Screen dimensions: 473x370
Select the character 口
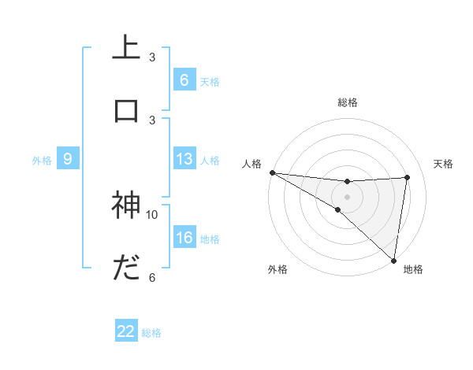pyautogui.click(x=126, y=110)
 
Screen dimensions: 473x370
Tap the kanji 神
pyautogui.click(x=126, y=205)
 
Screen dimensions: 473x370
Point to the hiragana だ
pyautogui.click(x=126, y=269)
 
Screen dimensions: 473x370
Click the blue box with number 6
pyautogui.click(x=184, y=80)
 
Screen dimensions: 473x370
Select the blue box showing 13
pyautogui.click(x=184, y=160)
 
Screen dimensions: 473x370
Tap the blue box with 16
pyautogui.click(x=184, y=239)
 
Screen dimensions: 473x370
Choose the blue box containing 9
pyautogui.click(x=68, y=160)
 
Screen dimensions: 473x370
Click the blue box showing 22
pyautogui.click(x=126, y=332)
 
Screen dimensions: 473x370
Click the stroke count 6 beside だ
pyautogui.click(x=152, y=277)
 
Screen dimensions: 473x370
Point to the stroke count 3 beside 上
pyautogui.click(x=152, y=57)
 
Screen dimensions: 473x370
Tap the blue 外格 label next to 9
pyautogui.click(x=42, y=161)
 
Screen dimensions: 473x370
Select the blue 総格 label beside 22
pyautogui.click(x=151, y=333)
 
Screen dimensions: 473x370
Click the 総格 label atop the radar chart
pyautogui.click(x=348, y=102)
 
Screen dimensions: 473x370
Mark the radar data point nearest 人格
pyautogui.click(x=272, y=172)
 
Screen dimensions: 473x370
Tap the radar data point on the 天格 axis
pyautogui.click(x=408, y=177)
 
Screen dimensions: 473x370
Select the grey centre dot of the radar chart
pyautogui.click(x=348, y=196)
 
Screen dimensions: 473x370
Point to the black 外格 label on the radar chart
pyautogui.click(x=277, y=269)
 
